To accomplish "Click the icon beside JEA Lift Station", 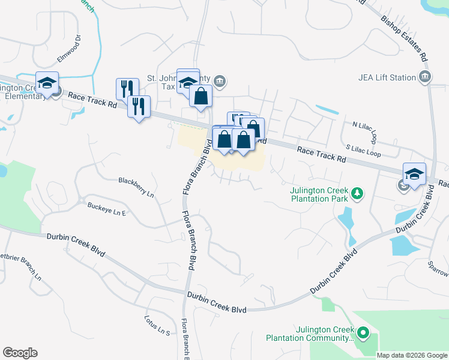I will click(x=426, y=77).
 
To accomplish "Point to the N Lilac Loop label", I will click(x=365, y=131).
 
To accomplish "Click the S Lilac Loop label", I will click(x=364, y=150).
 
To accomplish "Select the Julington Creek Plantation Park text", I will click(x=319, y=196).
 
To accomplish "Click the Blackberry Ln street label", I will click(x=136, y=188).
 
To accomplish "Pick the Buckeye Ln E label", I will click(x=107, y=209).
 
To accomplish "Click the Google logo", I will click(x=20, y=353).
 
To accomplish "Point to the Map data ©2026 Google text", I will click(x=411, y=355).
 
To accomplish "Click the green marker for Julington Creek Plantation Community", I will click(x=363, y=332).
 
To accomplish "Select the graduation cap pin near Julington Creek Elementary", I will click(x=46, y=83).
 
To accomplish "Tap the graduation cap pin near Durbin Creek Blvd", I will click(x=414, y=174).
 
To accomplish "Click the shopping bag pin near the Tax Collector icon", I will click(x=200, y=95).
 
